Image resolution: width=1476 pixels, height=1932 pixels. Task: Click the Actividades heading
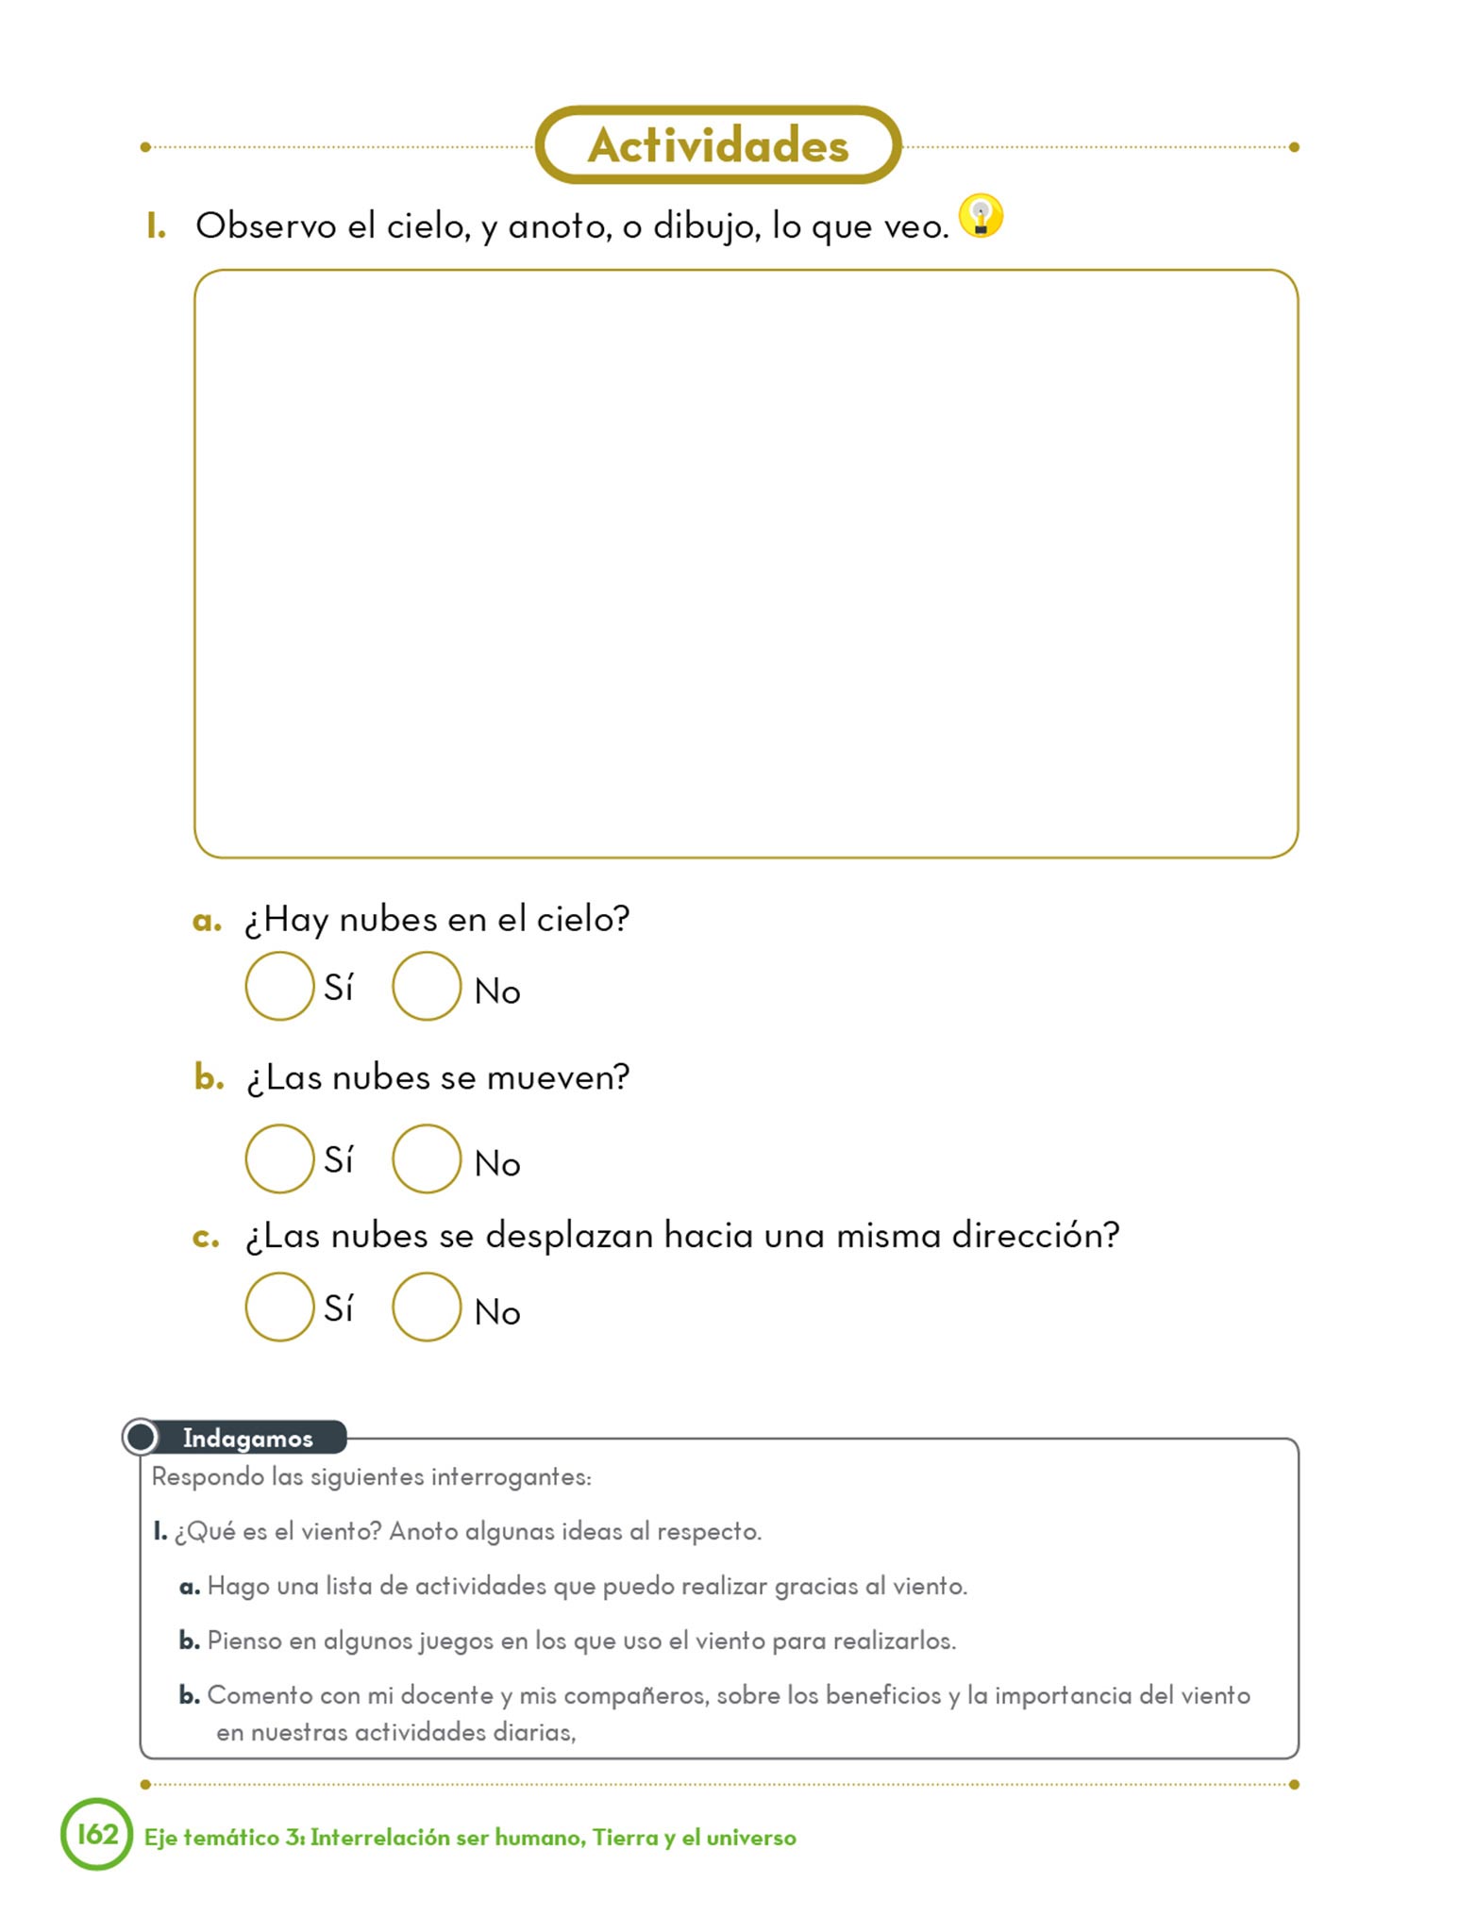click(x=718, y=145)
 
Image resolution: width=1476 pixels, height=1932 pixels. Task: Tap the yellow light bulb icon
click(x=981, y=216)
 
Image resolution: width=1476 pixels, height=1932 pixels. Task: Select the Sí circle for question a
click(x=279, y=986)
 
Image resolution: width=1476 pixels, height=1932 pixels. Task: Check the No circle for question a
click(x=427, y=986)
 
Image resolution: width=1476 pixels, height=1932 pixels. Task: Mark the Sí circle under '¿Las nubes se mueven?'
click(x=279, y=1158)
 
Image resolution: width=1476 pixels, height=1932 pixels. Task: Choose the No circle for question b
click(x=427, y=1158)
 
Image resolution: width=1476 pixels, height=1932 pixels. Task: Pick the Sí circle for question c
click(x=279, y=1307)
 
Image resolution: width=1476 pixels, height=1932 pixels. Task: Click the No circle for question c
click(x=427, y=1307)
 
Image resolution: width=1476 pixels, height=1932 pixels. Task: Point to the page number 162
click(x=97, y=1834)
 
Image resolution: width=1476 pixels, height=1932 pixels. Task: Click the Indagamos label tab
click(x=247, y=1438)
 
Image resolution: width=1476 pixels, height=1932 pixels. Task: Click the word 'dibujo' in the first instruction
click(x=707, y=227)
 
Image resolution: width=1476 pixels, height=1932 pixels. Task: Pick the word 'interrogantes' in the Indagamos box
click(x=511, y=1477)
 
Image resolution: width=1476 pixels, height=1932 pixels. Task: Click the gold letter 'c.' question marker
click(x=205, y=1237)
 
